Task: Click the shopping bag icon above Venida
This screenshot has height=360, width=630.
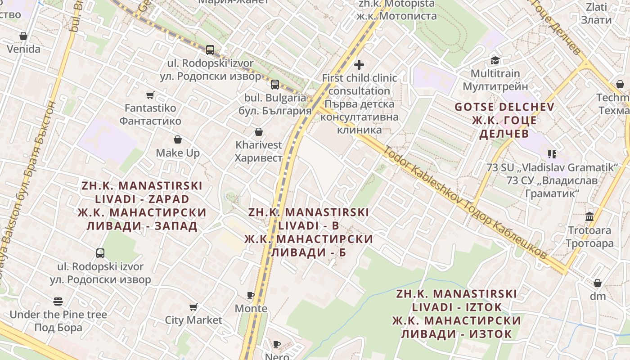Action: pyautogui.click(x=23, y=36)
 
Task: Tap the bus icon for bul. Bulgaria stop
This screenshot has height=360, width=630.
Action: pyautogui.click(x=274, y=84)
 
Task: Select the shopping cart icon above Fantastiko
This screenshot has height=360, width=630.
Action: pyautogui.click(x=150, y=95)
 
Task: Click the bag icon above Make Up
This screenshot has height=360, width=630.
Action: pyautogui.click(x=178, y=140)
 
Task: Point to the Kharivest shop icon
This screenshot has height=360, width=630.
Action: pyautogui.click(x=259, y=132)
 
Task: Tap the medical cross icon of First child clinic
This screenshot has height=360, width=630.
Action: pyautogui.click(x=359, y=65)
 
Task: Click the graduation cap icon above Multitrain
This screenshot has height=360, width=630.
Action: pyautogui.click(x=495, y=60)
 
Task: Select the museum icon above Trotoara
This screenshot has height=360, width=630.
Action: pyautogui.click(x=589, y=217)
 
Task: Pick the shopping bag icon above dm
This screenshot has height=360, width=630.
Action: pyautogui.click(x=598, y=283)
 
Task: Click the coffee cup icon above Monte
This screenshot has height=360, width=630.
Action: pyautogui.click(x=251, y=296)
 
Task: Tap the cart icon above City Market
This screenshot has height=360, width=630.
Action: pyautogui.click(x=193, y=307)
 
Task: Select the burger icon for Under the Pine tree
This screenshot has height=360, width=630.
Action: pyautogui.click(x=58, y=301)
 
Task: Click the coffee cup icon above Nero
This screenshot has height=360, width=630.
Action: pyautogui.click(x=277, y=345)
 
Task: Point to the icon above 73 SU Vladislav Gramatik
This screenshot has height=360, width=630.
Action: pyautogui.click(x=552, y=154)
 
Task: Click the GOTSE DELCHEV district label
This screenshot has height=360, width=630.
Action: pyautogui.click(x=504, y=108)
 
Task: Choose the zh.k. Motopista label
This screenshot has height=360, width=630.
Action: pyautogui.click(x=396, y=4)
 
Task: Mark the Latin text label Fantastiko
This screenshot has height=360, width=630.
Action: pyautogui.click(x=150, y=108)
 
